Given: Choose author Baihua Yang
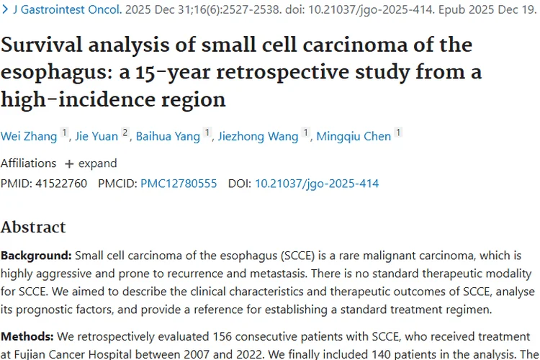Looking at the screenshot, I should [167, 136].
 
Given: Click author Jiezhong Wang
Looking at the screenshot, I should [257, 136].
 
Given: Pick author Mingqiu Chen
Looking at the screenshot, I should [354, 136].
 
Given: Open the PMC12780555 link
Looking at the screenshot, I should [179, 184].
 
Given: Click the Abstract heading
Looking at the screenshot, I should [33, 228].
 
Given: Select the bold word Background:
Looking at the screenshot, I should [36, 256].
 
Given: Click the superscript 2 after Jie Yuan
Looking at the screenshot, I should [125, 132].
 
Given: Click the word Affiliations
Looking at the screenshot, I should [28, 163].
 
